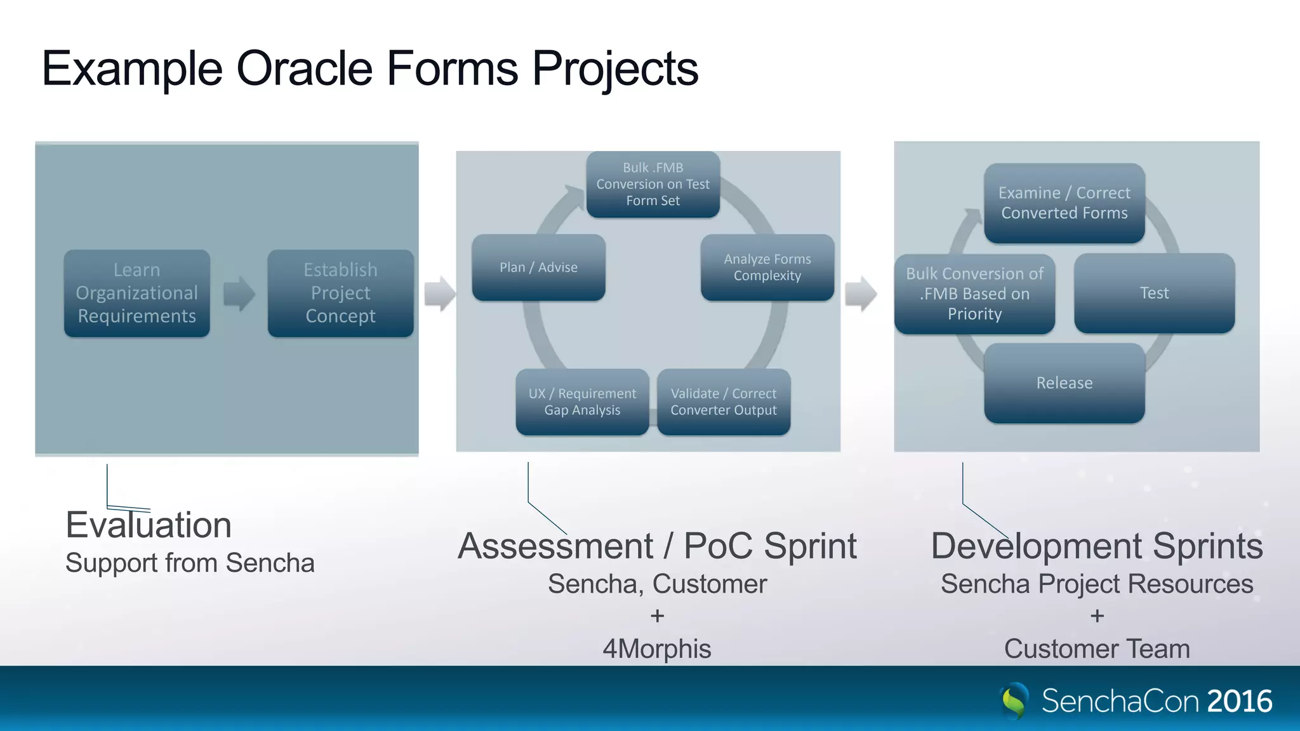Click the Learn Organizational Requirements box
[136, 293]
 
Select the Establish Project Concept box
[340, 293]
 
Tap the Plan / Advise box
[538, 267]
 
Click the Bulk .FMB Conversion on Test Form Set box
[653, 184]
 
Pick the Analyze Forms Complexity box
[767, 267]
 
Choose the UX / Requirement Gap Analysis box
[582, 402]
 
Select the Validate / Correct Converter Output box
[724, 402]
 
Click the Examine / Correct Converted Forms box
[1064, 203]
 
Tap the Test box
[1154, 293]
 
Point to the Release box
[1064, 383]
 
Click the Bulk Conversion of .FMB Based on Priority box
[974, 294]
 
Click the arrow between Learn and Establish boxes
[239, 293]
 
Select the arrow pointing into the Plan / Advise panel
[439, 293]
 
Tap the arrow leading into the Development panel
[861, 293]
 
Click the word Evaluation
[149, 525]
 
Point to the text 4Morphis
[657, 649]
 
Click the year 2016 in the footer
[1239, 701]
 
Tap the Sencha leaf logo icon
[1014, 701]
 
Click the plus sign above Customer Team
[1097, 616]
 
